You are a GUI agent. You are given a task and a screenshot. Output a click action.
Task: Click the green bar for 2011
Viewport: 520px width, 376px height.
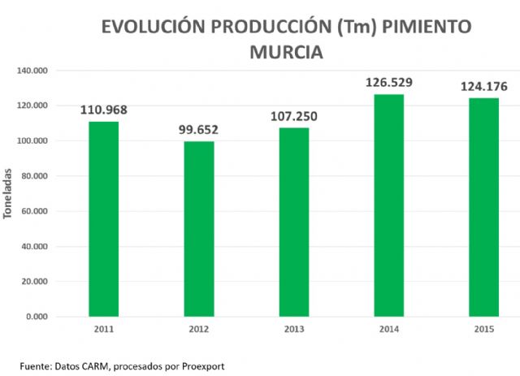tap(104, 218)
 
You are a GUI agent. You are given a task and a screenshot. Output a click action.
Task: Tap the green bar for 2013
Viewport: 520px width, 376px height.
tap(294, 222)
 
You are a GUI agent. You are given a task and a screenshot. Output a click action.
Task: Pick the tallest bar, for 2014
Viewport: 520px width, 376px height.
tap(389, 205)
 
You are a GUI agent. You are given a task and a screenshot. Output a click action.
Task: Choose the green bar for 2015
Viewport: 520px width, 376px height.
tap(484, 207)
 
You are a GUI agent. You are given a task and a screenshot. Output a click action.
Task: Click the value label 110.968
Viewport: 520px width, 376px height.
tap(104, 110)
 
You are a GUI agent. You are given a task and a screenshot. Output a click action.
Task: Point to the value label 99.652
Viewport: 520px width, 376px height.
tap(199, 129)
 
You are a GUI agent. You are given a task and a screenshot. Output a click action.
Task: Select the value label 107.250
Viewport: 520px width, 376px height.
tap(294, 116)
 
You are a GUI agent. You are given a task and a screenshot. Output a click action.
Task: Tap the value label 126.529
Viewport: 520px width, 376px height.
tap(389, 82)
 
